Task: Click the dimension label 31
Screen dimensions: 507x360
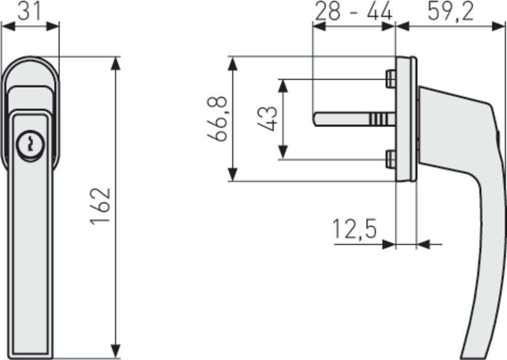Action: (x=29, y=11)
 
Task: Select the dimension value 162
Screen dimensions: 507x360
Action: (x=100, y=206)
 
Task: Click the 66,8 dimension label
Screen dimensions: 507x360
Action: (x=218, y=119)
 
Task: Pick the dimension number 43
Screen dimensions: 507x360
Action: (x=268, y=119)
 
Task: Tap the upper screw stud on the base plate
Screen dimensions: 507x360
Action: (x=390, y=79)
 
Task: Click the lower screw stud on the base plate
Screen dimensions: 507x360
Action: (x=390, y=159)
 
